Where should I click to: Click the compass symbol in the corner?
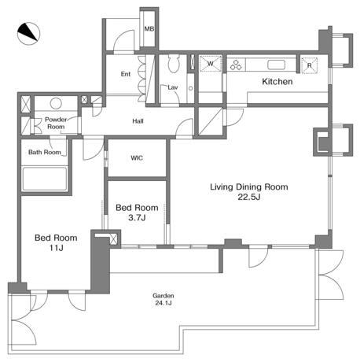point(28,34)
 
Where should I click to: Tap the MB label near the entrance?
point(149,28)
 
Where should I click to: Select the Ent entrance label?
point(126,74)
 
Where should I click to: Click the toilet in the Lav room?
point(174,63)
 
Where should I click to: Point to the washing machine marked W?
point(211,63)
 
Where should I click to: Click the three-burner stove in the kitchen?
point(236,65)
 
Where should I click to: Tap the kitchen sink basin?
point(276,65)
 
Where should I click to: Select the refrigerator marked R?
point(310,65)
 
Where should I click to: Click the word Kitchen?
point(277,82)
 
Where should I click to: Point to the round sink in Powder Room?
point(56,103)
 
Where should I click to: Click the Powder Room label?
point(56,123)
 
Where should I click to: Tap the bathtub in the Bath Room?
point(45,179)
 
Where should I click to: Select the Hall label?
point(138,121)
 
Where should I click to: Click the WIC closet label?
point(137,158)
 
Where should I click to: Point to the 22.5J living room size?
point(249,197)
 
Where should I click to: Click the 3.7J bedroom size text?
point(137,217)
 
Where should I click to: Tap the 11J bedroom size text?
point(56,248)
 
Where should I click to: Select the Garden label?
point(163,296)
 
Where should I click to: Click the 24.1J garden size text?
point(163,303)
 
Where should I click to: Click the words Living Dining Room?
point(249,187)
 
